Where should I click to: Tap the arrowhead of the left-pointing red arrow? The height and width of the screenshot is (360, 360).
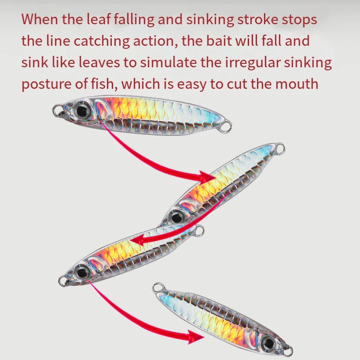click(138, 239)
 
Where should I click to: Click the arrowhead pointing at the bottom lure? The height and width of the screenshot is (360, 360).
click(197, 336)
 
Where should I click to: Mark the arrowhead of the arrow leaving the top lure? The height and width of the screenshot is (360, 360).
click(207, 176)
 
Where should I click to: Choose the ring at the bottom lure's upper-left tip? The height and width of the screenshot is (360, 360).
click(157, 287)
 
